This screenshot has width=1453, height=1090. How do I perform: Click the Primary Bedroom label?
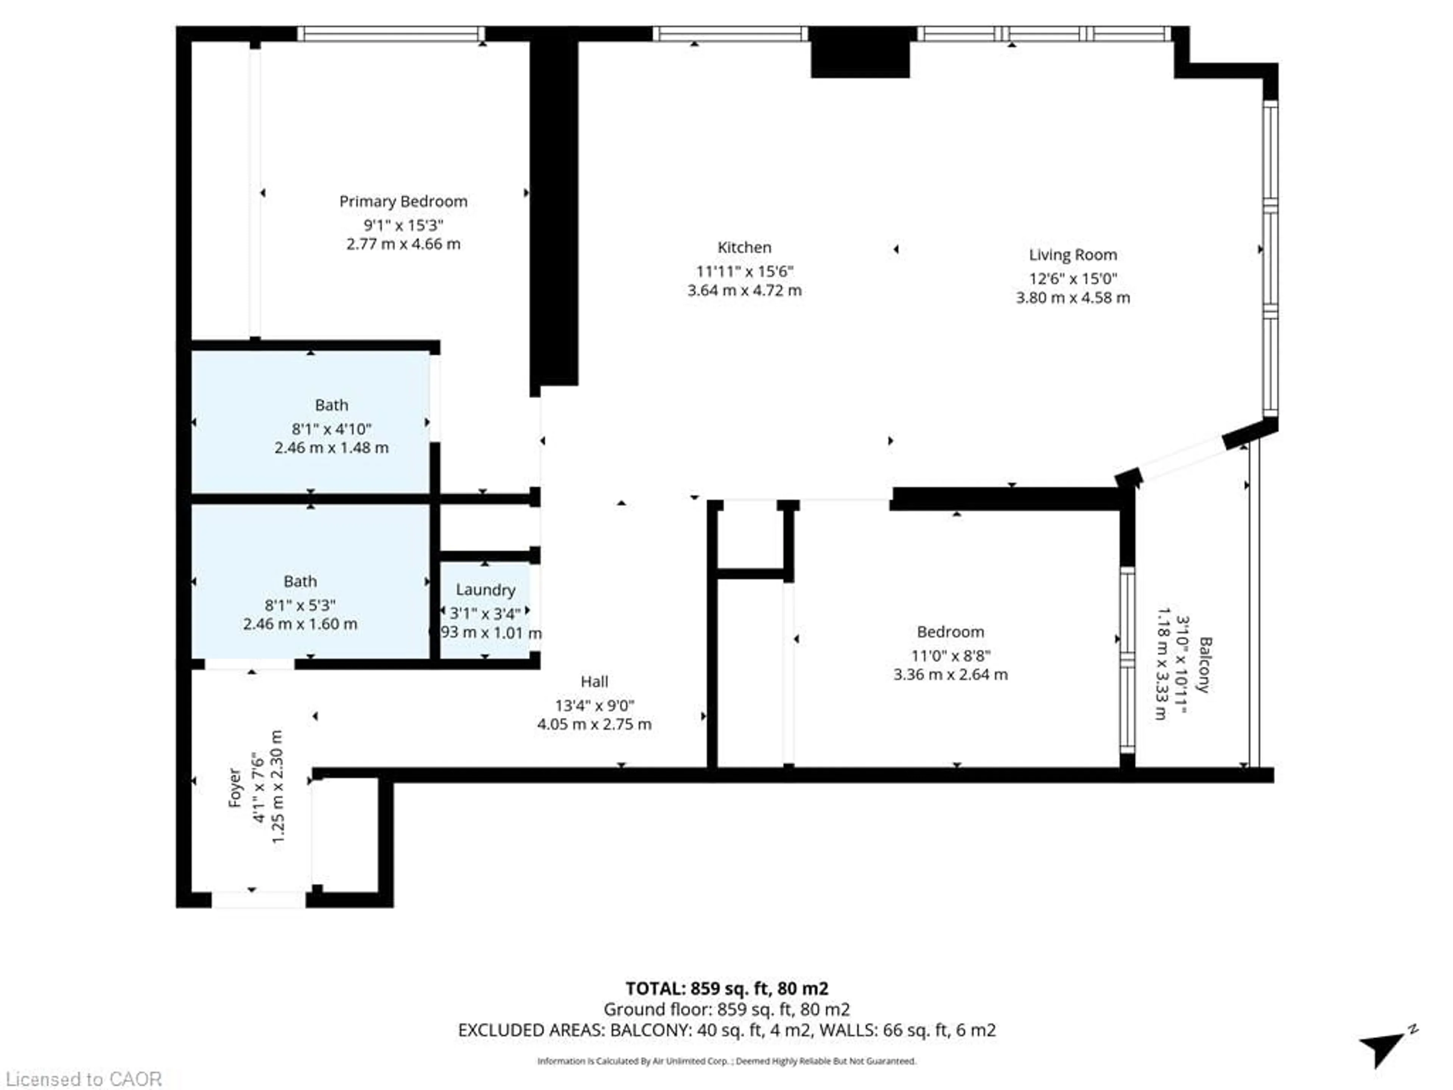click(x=403, y=202)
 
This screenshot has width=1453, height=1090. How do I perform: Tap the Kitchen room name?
click(x=744, y=248)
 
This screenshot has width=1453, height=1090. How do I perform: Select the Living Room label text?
click(x=1073, y=255)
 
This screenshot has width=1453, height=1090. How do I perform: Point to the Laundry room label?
click(x=485, y=590)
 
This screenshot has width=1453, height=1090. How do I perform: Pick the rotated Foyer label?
click(x=235, y=788)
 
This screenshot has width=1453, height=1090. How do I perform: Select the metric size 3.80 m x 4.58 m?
click(x=1073, y=297)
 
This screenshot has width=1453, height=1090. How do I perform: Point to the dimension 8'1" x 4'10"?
click(x=332, y=429)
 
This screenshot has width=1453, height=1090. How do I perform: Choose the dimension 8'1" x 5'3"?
click(x=300, y=605)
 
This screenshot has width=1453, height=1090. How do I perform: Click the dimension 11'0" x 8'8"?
click(x=951, y=656)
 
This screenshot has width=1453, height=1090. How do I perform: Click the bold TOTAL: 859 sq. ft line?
click(x=726, y=988)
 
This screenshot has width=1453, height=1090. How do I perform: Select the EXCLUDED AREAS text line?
click(x=726, y=1029)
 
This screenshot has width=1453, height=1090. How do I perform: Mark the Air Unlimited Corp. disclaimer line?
click(x=726, y=1060)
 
